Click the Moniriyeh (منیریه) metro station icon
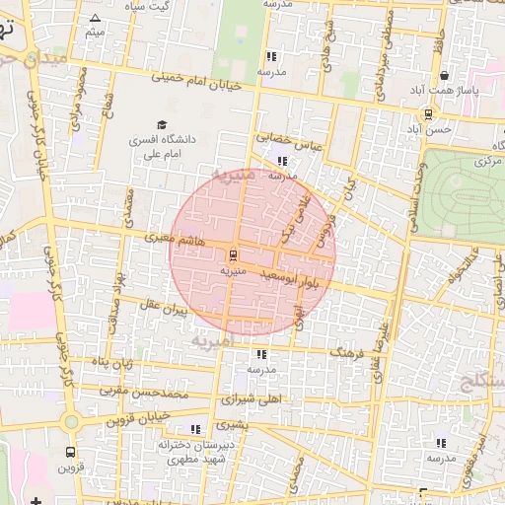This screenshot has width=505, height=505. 234,253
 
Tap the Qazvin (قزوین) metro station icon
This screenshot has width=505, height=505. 69,452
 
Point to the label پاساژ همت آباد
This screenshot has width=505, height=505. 446,92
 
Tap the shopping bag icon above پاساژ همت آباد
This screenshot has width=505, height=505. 445,75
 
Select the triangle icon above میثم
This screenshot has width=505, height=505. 95,19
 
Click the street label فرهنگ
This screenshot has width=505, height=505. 348,351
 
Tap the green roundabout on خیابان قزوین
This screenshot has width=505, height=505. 70,422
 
